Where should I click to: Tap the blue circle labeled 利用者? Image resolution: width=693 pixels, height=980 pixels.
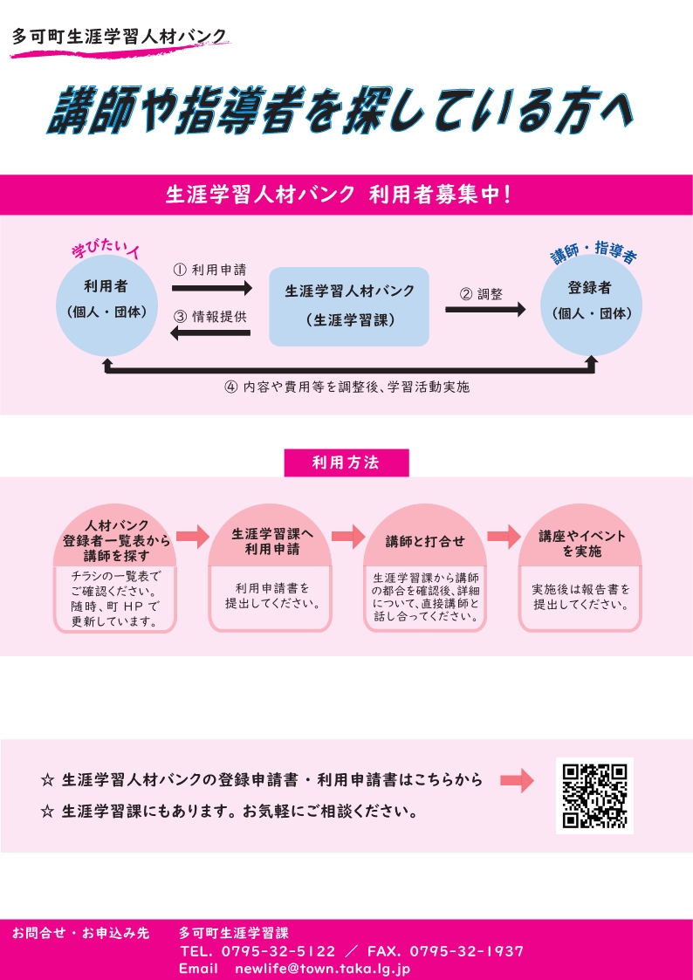[106, 299]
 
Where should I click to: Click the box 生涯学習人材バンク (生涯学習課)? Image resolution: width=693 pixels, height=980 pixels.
[349, 305]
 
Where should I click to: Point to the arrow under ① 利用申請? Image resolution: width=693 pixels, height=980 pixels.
[211, 287]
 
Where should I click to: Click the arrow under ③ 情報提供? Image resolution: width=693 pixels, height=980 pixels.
[211, 332]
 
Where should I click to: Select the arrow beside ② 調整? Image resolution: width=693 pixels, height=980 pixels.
[485, 309]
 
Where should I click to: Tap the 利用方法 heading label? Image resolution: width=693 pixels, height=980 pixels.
[346, 463]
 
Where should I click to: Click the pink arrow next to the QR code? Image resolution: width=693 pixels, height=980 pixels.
[517, 781]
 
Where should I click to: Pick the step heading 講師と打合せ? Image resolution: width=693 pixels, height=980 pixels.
[425, 541]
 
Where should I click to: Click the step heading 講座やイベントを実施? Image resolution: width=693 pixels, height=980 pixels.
[581, 544]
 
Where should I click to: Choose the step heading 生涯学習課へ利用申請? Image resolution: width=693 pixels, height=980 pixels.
[271, 541]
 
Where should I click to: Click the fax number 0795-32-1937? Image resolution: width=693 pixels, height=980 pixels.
[466, 951]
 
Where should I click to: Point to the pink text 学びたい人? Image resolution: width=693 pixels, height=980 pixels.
[106, 250]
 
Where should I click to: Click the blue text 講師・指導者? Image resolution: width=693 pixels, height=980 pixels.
[593, 254]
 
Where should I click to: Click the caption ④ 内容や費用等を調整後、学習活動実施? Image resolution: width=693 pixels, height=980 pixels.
[346, 387]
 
